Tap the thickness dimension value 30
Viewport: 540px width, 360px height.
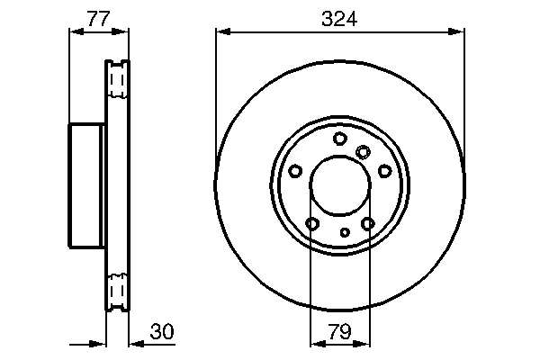click(x=161, y=332)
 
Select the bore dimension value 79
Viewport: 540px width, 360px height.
click(x=339, y=332)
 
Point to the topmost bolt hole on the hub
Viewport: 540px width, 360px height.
click(x=339, y=138)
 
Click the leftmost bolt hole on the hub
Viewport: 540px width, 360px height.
click(x=295, y=170)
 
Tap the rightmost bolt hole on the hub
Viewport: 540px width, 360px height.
click(x=384, y=170)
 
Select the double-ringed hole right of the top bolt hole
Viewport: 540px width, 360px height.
click(x=363, y=151)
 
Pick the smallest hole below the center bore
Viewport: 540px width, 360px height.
click(x=345, y=232)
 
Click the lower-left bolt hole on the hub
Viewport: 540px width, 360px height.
click(x=312, y=223)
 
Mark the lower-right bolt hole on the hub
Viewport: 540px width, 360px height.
click(x=367, y=223)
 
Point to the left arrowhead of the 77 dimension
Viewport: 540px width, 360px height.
click(x=75, y=31)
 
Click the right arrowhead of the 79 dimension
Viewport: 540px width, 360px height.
click(x=364, y=343)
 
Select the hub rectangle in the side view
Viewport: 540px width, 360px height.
click(x=87, y=185)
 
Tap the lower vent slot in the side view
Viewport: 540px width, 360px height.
click(x=117, y=289)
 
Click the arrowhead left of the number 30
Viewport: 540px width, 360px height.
click(x=135, y=343)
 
